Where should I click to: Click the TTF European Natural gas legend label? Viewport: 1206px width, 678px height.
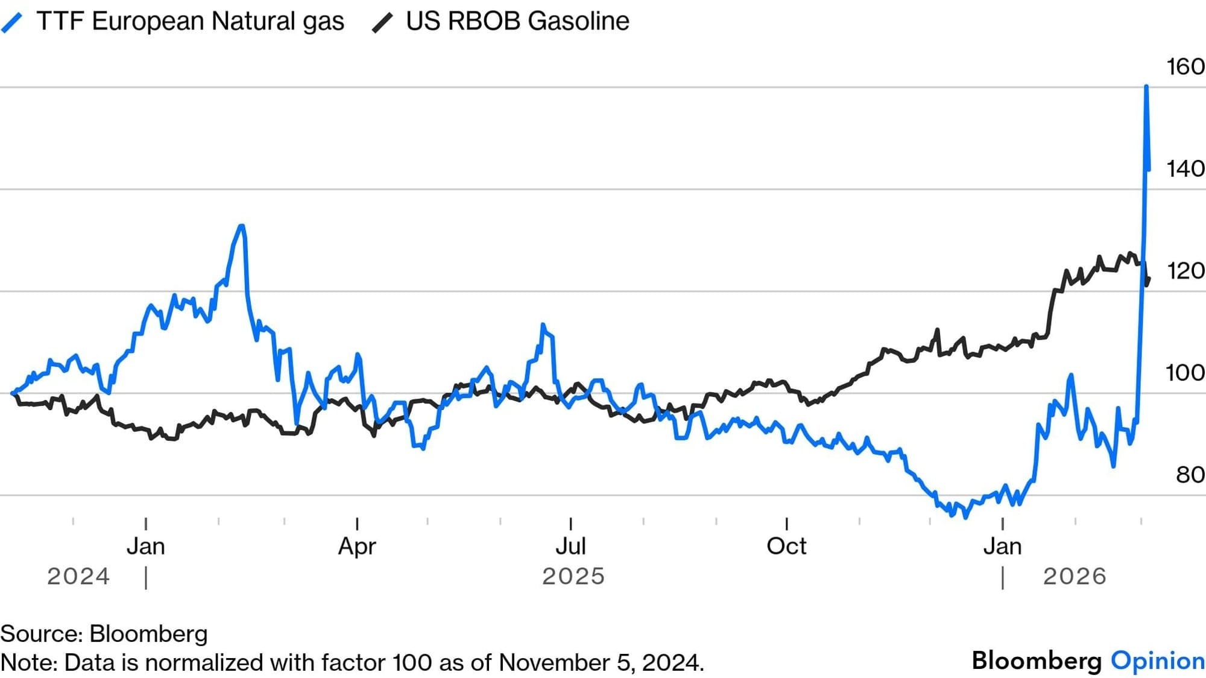190,21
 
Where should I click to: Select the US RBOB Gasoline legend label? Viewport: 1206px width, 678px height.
517,21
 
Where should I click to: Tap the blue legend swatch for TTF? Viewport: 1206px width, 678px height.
12,23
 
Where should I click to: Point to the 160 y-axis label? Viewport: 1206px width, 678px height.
1185,66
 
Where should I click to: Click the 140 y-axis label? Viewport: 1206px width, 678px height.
1185,168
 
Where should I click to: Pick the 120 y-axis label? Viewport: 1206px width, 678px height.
1185,271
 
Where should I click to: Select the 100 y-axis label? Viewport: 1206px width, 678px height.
1185,373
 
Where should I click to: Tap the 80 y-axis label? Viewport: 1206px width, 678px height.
1190,475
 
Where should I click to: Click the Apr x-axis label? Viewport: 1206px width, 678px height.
357,547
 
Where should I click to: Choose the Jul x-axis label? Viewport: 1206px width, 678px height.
570,547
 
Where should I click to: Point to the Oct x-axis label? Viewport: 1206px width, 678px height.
786,547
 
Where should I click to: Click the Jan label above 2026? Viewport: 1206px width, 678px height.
1002,547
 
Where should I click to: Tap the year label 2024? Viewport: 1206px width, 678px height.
78,577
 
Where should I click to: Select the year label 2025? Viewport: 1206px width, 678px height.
573,577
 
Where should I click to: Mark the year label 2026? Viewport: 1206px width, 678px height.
1075,577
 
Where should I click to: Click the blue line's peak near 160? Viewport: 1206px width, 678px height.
1146,87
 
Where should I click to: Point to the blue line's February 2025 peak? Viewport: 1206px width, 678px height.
242,226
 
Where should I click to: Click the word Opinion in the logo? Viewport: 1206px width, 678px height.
1158,661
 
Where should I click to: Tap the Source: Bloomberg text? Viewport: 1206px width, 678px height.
104,634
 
